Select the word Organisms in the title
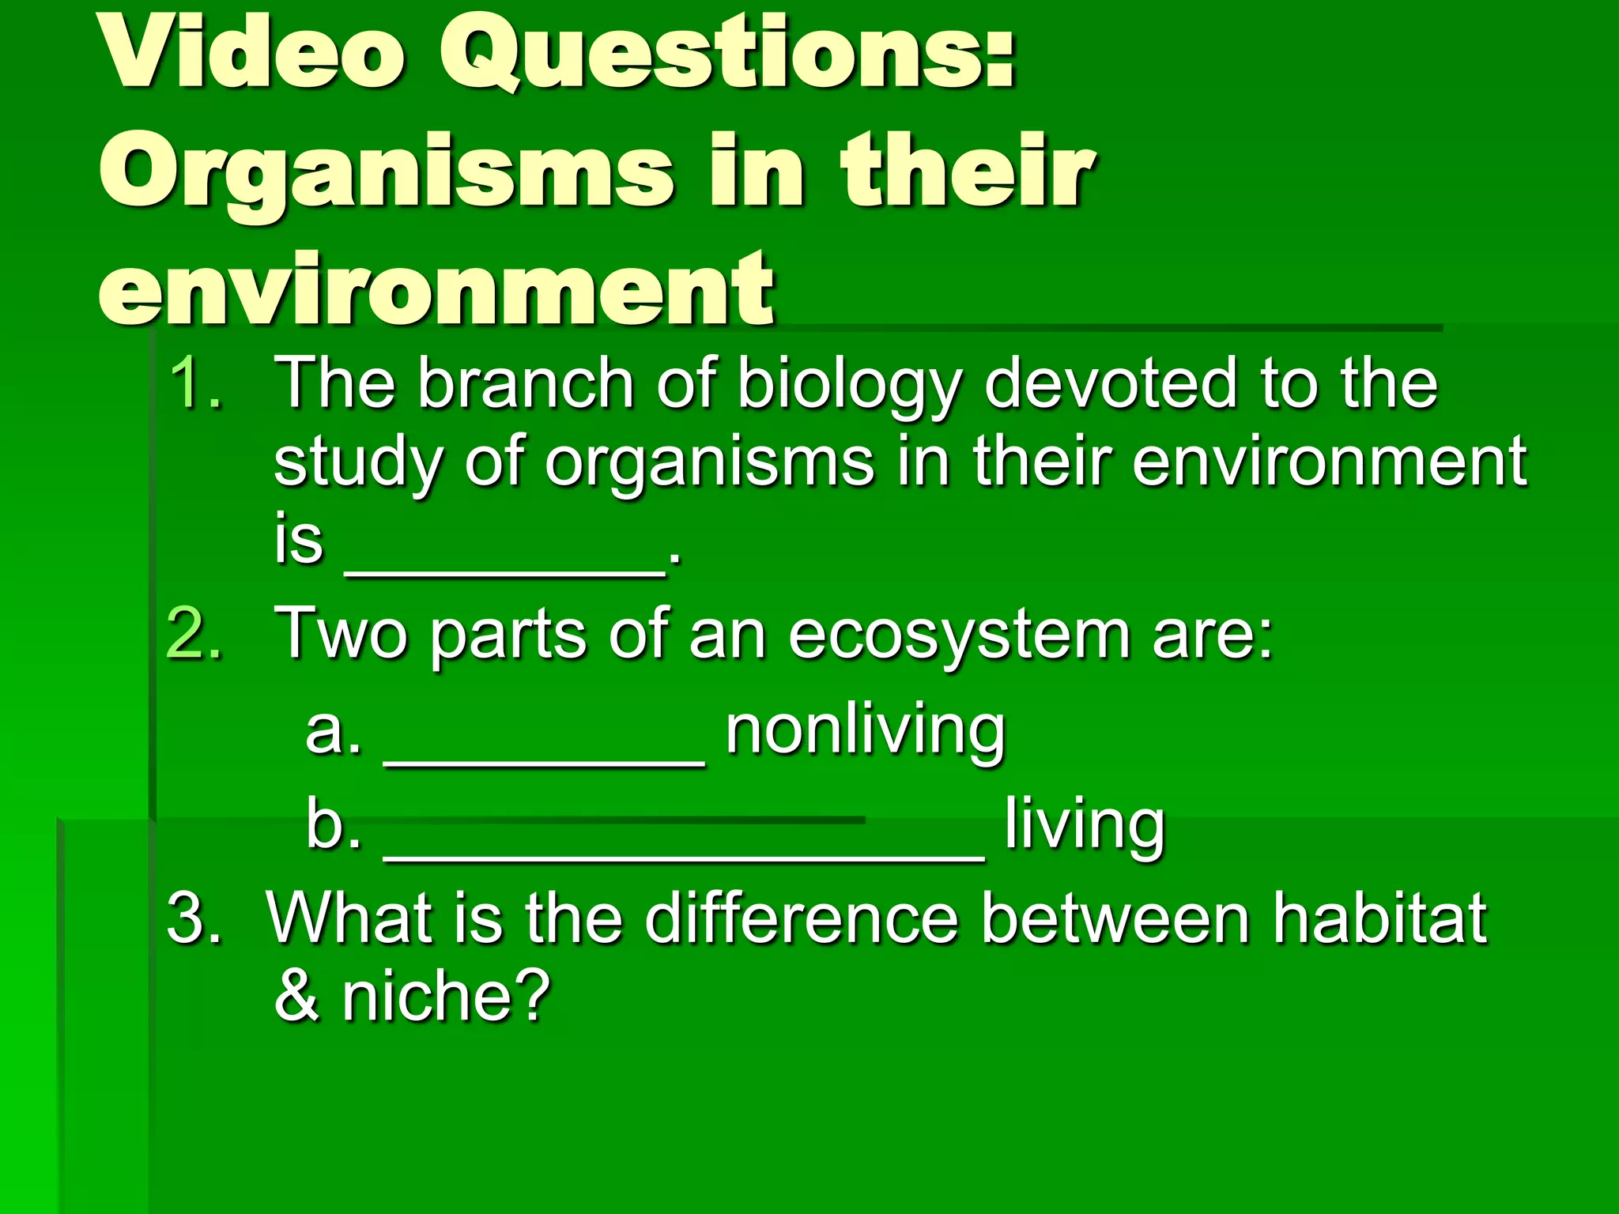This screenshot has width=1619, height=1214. (387, 175)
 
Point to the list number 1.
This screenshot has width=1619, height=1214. (194, 383)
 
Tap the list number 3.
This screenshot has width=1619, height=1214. (194, 917)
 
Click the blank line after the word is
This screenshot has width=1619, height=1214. (506, 573)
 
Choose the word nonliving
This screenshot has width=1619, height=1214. (866, 731)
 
